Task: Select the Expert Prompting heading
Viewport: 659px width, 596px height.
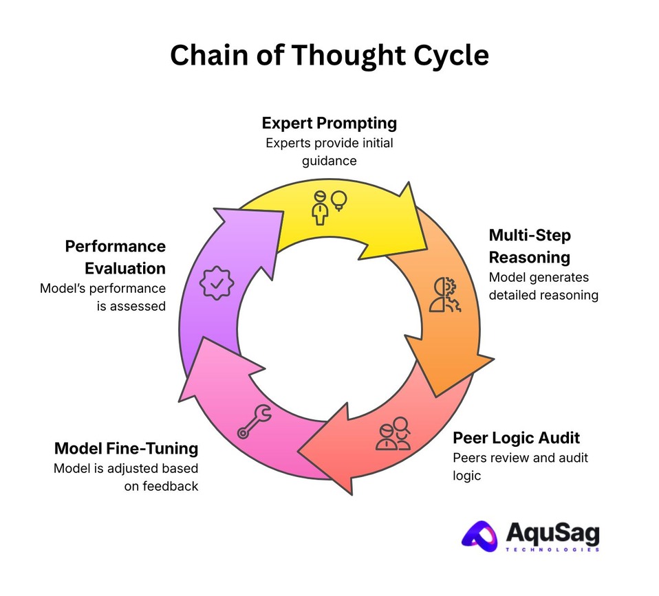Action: coord(329,123)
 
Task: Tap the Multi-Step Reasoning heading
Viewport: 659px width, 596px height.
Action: coord(530,246)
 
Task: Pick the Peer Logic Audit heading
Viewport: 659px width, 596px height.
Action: coord(516,438)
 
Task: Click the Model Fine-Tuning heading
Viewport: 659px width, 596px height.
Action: coord(126,448)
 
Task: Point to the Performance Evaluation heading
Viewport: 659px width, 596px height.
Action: coord(115,256)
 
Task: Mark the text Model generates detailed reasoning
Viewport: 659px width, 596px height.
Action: coord(543,286)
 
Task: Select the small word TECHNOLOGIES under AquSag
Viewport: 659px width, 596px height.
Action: coord(553,550)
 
